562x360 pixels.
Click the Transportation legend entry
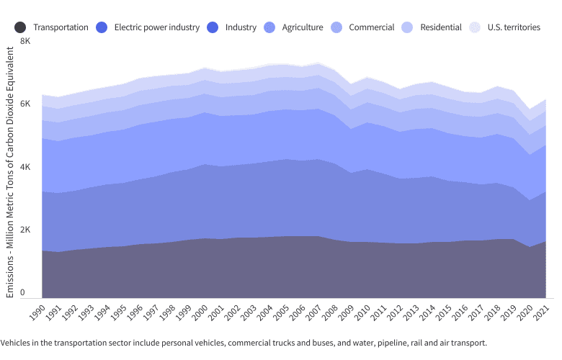click(61, 27)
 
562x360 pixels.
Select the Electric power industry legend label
click(156, 27)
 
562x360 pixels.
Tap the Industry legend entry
click(240, 27)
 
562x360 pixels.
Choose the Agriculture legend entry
click(302, 27)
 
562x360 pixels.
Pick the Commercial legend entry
click(371, 27)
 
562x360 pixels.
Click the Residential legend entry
click(441, 27)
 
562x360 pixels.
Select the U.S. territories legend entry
click(513, 27)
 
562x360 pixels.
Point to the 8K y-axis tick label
click(25, 41)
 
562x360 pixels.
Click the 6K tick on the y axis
click(25, 104)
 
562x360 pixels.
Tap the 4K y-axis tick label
click(25, 167)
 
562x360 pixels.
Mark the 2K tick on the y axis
click(25, 230)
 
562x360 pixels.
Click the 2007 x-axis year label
click(312, 312)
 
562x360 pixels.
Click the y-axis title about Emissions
click(9, 173)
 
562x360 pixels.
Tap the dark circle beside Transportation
click(20, 27)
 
